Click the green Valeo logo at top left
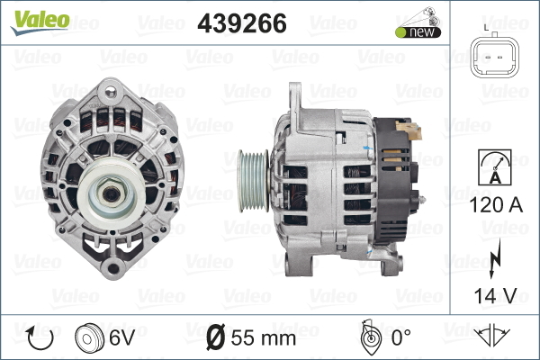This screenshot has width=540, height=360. click(40, 22)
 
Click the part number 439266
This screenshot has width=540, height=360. click(242, 23)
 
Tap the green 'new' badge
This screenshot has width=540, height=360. click(418, 32)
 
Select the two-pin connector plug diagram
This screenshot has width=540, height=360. click(494, 57)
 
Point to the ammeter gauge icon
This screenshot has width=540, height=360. click(495, 167)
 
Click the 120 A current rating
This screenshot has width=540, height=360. click(496, 205)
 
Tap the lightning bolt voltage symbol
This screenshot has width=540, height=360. click(494, 258)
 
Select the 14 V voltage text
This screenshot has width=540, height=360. click(496, 295)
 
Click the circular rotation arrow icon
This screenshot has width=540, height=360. click(40, 338)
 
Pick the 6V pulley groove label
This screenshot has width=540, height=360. click(121, 337)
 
